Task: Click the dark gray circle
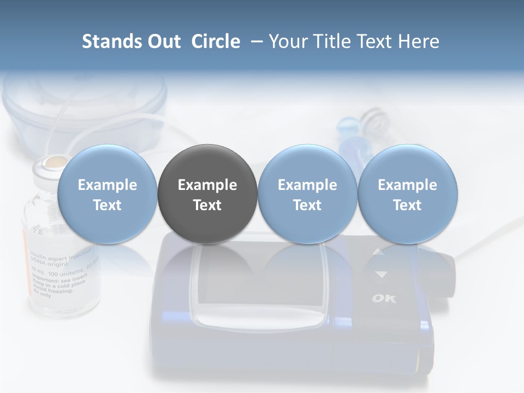(207, 194)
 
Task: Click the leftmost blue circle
(107, 194)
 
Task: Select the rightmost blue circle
(407, 194)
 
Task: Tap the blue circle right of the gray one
(307, 194)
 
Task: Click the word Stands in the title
(110, 41)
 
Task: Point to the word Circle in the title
(216, 41)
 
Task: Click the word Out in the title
(162, 41)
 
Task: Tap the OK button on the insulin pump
(384, 298)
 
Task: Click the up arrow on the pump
(379, 252)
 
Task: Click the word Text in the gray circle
(207, 205)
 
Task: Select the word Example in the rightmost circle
(407, 185)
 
